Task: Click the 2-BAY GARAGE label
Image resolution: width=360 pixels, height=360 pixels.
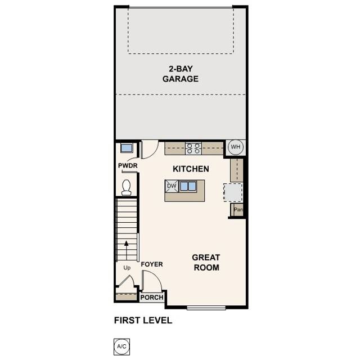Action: pyautogui.click(x=181, y=74)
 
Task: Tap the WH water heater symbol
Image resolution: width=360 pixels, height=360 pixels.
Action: pyautogui.click(x=235, y=147)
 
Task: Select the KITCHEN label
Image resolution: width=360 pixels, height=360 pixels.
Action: pyautogui.click(x=191, y=169)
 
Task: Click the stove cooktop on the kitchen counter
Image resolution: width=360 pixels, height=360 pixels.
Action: pyautogui.click(x=193, y=148)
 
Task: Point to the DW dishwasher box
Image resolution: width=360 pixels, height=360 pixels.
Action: pyautogui.click(x=172, y=186)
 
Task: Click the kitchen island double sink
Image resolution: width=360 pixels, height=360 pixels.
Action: pyautogui.click(x=188, y=186)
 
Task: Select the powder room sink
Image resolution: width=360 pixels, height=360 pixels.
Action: pyautogui.click(x=126, y=148)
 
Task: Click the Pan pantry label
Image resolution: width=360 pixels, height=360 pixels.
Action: pyautogui.click(x=238, y=210)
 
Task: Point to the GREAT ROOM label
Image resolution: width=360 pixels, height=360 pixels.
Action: pyautogui.click(x=206, y=262)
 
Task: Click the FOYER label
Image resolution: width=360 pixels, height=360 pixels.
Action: pyautogui.click(x=151, y=264)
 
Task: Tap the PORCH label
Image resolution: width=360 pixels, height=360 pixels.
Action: pyautogui.click(x=152, y=298)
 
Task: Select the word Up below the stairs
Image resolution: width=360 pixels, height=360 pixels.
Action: pyautogui.click(x=127, y=268)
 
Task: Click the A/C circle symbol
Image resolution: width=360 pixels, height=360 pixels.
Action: pyautogui.click(x=121, y=346)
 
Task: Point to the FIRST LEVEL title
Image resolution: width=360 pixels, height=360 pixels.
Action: pyautogui.click(x=143, y=321)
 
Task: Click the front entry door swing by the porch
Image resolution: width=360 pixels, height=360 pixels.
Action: pyautogui.click(x=151, y=281)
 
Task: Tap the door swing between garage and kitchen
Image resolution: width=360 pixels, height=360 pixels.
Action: pyautogui.click(x=150, y=150)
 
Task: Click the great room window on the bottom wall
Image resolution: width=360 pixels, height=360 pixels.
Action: pyautogui.click(x=206, y=307)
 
